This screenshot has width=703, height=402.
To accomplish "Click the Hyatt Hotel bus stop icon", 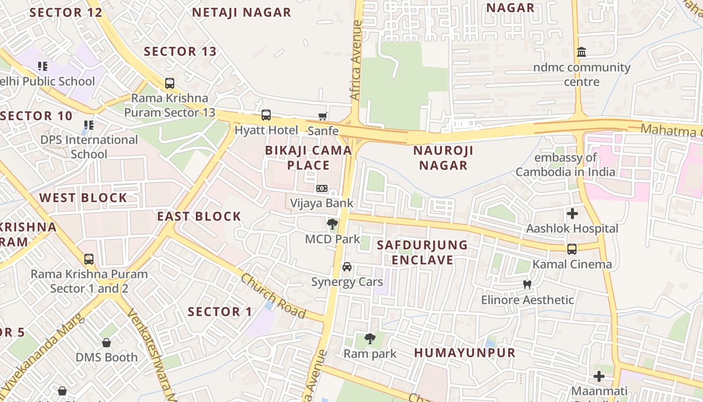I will click(x=266, y=115).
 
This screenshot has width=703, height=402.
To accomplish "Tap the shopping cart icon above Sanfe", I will click(x=323, y=116).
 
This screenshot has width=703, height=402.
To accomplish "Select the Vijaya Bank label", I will click(x=322, y=203).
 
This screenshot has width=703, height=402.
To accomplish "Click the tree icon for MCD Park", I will click(x=331, y=224).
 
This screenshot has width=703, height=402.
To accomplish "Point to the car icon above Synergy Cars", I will click(x=347, y=267).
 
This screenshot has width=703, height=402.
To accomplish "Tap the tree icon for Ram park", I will click(x=370, y=339).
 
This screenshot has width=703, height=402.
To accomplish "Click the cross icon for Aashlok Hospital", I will click(x=572, y=214).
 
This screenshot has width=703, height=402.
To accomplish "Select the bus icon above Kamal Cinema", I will click(x=571, y=249).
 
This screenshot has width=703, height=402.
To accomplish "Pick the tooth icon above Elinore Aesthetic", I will click(x=527, y=285).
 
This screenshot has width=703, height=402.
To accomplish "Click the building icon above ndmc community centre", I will click(x=581, y=52).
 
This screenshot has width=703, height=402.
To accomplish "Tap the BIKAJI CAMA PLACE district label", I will click(x=308, y=157).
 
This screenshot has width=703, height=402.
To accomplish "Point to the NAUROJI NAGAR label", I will click(x=443, y=157).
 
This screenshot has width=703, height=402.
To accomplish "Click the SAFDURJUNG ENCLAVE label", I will click(x=422, y=252).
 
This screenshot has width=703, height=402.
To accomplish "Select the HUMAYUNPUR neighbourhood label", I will click(x=464, y=353).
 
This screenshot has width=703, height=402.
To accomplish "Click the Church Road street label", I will click(x=273, y=295).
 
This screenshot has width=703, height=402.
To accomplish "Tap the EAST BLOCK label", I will click(x=199, y=217).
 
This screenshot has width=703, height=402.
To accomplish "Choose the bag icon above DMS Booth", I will click(x=106, y=343).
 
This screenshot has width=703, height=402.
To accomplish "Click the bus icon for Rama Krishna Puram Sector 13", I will click(x=170, y=83).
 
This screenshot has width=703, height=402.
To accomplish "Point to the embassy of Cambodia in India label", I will click(x=565, y=165).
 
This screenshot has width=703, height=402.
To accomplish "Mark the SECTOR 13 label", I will click(x=180, y=51).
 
